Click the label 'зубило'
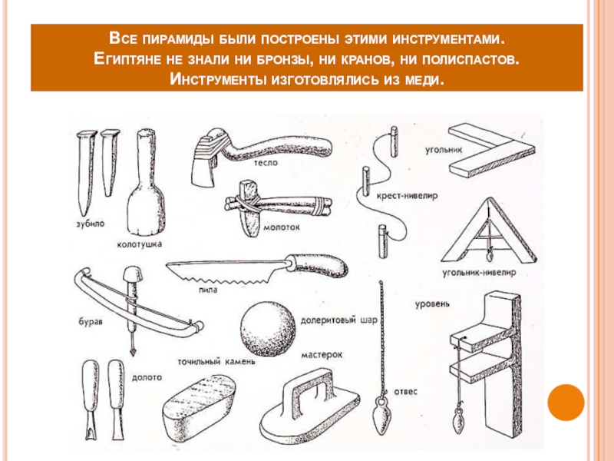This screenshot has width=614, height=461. [90, 224]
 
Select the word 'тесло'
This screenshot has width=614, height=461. [266, 163]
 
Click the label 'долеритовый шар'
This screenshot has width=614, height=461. [338, 320]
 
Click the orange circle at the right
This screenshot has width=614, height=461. [566, 403]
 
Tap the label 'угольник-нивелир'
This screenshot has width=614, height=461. [479, 272]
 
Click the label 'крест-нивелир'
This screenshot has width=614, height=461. [407, 195]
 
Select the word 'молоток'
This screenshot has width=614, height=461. [281, 227]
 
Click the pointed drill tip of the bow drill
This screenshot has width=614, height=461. [133, 350]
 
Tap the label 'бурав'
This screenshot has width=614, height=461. [91, 322]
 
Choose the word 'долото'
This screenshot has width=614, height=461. [147, 377]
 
